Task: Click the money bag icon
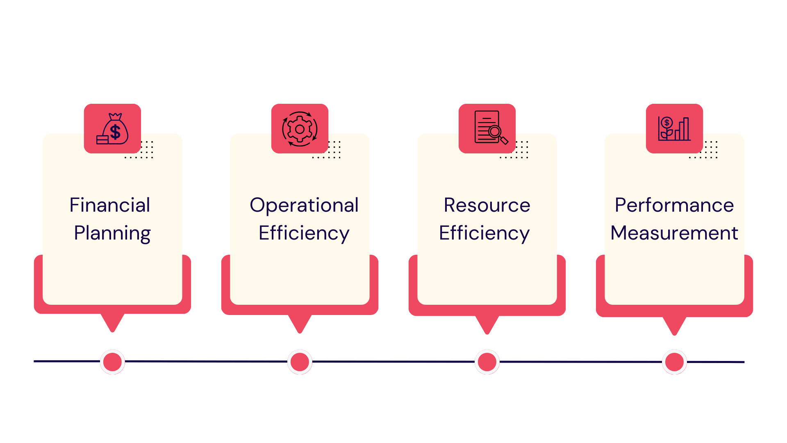tap(113, 129)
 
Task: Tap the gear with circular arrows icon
tap(300, 129)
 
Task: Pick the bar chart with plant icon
tap(674, 129)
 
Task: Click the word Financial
tap(110, 205)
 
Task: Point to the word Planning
tap(112, 233)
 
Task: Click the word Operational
tap(304, 205)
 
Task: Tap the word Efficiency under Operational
tap(304, 233)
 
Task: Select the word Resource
tap(487, 205)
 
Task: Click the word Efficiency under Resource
tap(484, 233)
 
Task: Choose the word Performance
tap(674, 205)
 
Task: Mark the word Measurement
tap(674, 233)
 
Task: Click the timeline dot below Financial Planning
tap(112, 362)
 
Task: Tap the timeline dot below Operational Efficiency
tap(300, 362)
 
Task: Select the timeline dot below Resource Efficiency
tap(487, 362)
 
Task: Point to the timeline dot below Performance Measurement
tap(674, 362)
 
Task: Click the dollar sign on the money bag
tap(116, 132)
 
